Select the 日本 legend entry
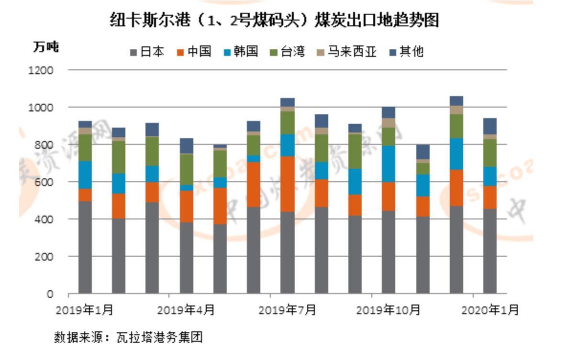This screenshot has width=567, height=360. tap(148, 51)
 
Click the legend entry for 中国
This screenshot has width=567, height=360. tap(195, 51)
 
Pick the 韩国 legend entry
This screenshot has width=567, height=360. tap(242, 51)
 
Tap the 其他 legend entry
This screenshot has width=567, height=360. tap(407, 51)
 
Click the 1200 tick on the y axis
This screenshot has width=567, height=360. tap(44, 70)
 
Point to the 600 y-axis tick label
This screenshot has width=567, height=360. tap(46, 182)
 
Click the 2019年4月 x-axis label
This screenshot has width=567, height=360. tap(186, 310)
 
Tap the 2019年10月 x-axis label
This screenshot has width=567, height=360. tap(388, 310)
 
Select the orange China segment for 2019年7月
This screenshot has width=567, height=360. tap(288, 184)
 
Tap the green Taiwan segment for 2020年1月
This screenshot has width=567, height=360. tap(489, 153)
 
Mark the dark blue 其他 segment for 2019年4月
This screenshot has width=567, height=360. tap(187, 146)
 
